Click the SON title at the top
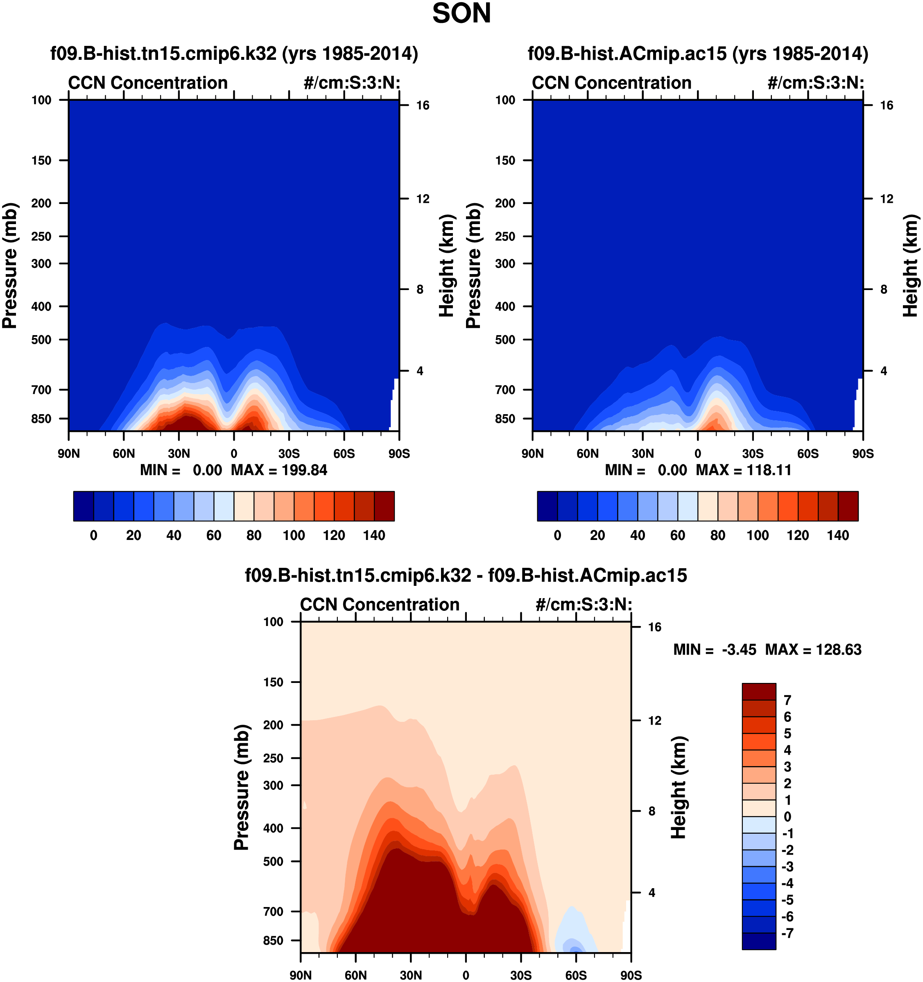tap(461, 14)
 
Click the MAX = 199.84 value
tap(279, 470)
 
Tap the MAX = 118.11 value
tap(743, 470)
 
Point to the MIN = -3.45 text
tap(715, 650)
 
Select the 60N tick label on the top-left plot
tap(123, 454)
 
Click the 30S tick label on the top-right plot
tap(753, 454)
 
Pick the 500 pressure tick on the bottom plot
tap(274, 861)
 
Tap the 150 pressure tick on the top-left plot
tap(41, 161)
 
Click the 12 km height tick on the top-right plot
tap(887, 199)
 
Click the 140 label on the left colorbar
tap(374, 535)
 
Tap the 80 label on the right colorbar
tap(717, 535)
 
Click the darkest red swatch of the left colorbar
tap(384, 506)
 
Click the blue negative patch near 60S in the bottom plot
tap(573, 939)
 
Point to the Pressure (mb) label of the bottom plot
tap(242, 787)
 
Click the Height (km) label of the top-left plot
tap(446, 266)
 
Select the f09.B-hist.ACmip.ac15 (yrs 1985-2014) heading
tap(698, 53)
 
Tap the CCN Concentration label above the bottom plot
tap(380, 605)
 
